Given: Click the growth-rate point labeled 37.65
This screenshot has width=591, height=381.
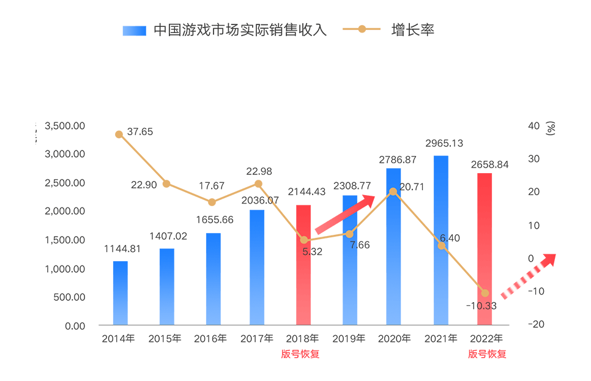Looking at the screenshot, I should (x=119, y=135).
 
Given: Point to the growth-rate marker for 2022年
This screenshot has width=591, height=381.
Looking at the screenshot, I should (x=485, y=293).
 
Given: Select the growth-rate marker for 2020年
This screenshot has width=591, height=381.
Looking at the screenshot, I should (x=393, y=191).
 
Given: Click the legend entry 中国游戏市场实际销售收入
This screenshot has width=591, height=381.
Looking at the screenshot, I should (x=225, y=30).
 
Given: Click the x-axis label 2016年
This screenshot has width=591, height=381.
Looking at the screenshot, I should (x=210, y=338).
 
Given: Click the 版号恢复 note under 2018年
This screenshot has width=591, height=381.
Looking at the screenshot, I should (x=300, y=353).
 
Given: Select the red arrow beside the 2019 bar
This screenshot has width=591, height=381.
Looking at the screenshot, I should (x=345, y=213).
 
